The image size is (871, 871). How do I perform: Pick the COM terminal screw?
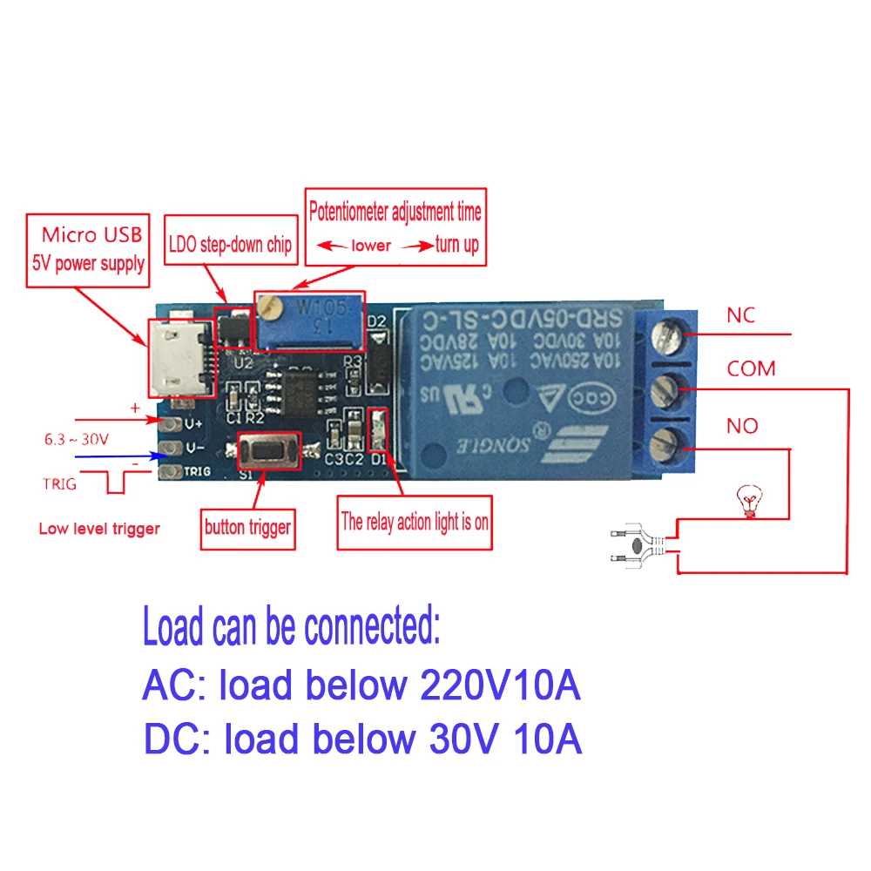point(677,387)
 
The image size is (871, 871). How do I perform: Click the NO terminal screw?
point(677,438)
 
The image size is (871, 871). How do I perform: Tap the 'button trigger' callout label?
point(247,526)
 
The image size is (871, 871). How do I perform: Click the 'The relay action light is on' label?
point(415,523)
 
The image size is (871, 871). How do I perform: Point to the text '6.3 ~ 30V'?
point(77,440)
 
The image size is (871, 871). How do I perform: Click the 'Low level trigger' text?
point(99,529)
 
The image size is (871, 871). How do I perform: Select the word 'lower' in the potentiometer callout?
point(371,246)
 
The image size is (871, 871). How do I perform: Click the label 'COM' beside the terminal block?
point(751,368)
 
